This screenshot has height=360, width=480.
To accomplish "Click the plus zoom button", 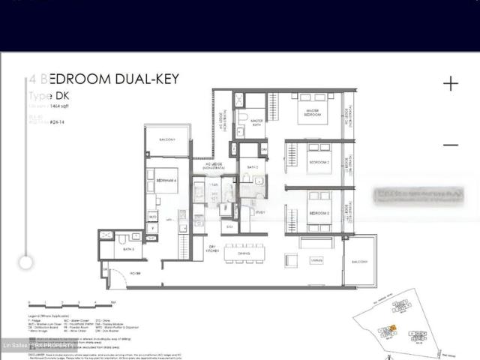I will [450, 83].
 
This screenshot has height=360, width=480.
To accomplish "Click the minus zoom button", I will [450, 145].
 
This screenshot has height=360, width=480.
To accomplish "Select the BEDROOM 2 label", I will [319, 162].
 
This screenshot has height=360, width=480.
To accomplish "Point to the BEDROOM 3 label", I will [320, 213].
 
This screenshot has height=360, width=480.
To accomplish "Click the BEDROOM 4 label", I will [166, 180].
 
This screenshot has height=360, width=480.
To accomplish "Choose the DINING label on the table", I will [243, 253].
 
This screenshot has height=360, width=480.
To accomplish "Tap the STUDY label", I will [260, 213].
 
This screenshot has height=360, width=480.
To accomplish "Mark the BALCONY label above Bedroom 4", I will [167, 140].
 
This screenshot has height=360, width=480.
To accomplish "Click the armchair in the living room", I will [290, 261].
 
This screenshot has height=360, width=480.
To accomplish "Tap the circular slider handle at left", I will [26, 262].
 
